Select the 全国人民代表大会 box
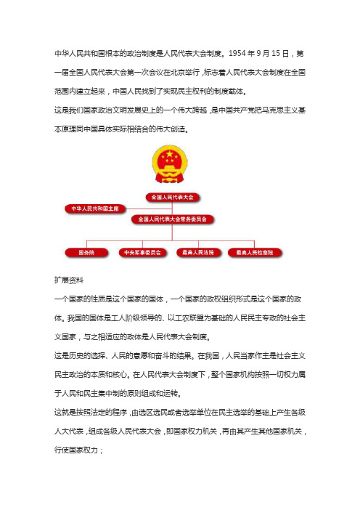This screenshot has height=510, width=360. (173, 197)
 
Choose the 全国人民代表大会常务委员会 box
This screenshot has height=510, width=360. (173, 218)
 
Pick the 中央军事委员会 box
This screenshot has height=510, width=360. (142, 252)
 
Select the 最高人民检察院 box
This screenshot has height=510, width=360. (255, 252)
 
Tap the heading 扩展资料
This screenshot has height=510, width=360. (70, 278)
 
